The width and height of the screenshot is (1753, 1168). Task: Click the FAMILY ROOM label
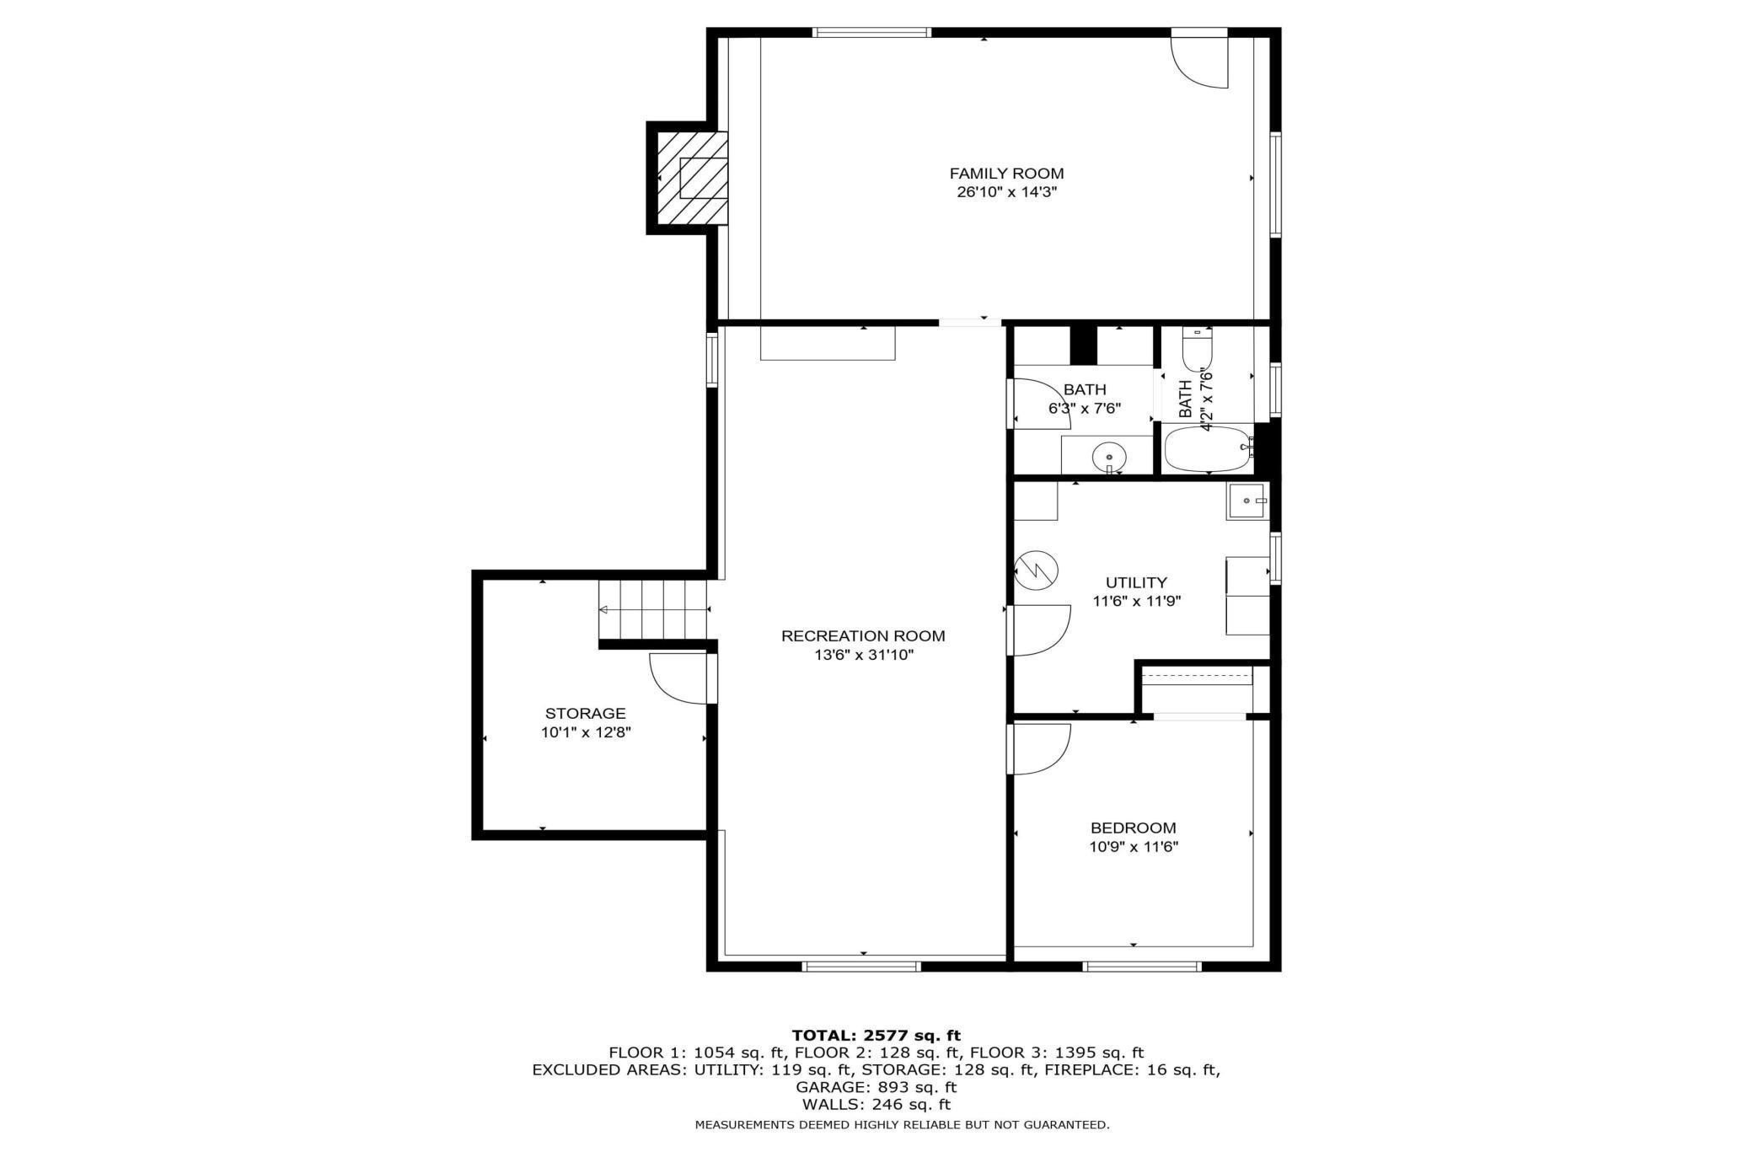(1006, 174)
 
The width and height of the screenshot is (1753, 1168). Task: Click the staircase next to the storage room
(654, 610)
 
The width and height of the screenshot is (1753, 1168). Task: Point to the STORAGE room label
(585, 714)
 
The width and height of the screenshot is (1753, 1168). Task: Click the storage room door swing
(679, 678)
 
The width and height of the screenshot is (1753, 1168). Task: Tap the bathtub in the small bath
(1207, 449)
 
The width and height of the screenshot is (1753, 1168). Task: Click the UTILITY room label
(1136, 582)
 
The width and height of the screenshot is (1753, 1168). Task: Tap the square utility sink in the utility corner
(1246, 502)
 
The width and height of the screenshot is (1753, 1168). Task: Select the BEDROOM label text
(1133, 828)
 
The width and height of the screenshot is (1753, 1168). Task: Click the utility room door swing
(1042, 630)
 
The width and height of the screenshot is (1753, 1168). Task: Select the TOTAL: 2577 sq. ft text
(876, 1035)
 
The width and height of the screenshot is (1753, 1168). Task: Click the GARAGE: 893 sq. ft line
(876, 1087)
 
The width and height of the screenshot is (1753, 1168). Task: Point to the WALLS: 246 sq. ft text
(876, 1105)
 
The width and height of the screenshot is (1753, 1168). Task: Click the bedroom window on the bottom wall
(1140, 966)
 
